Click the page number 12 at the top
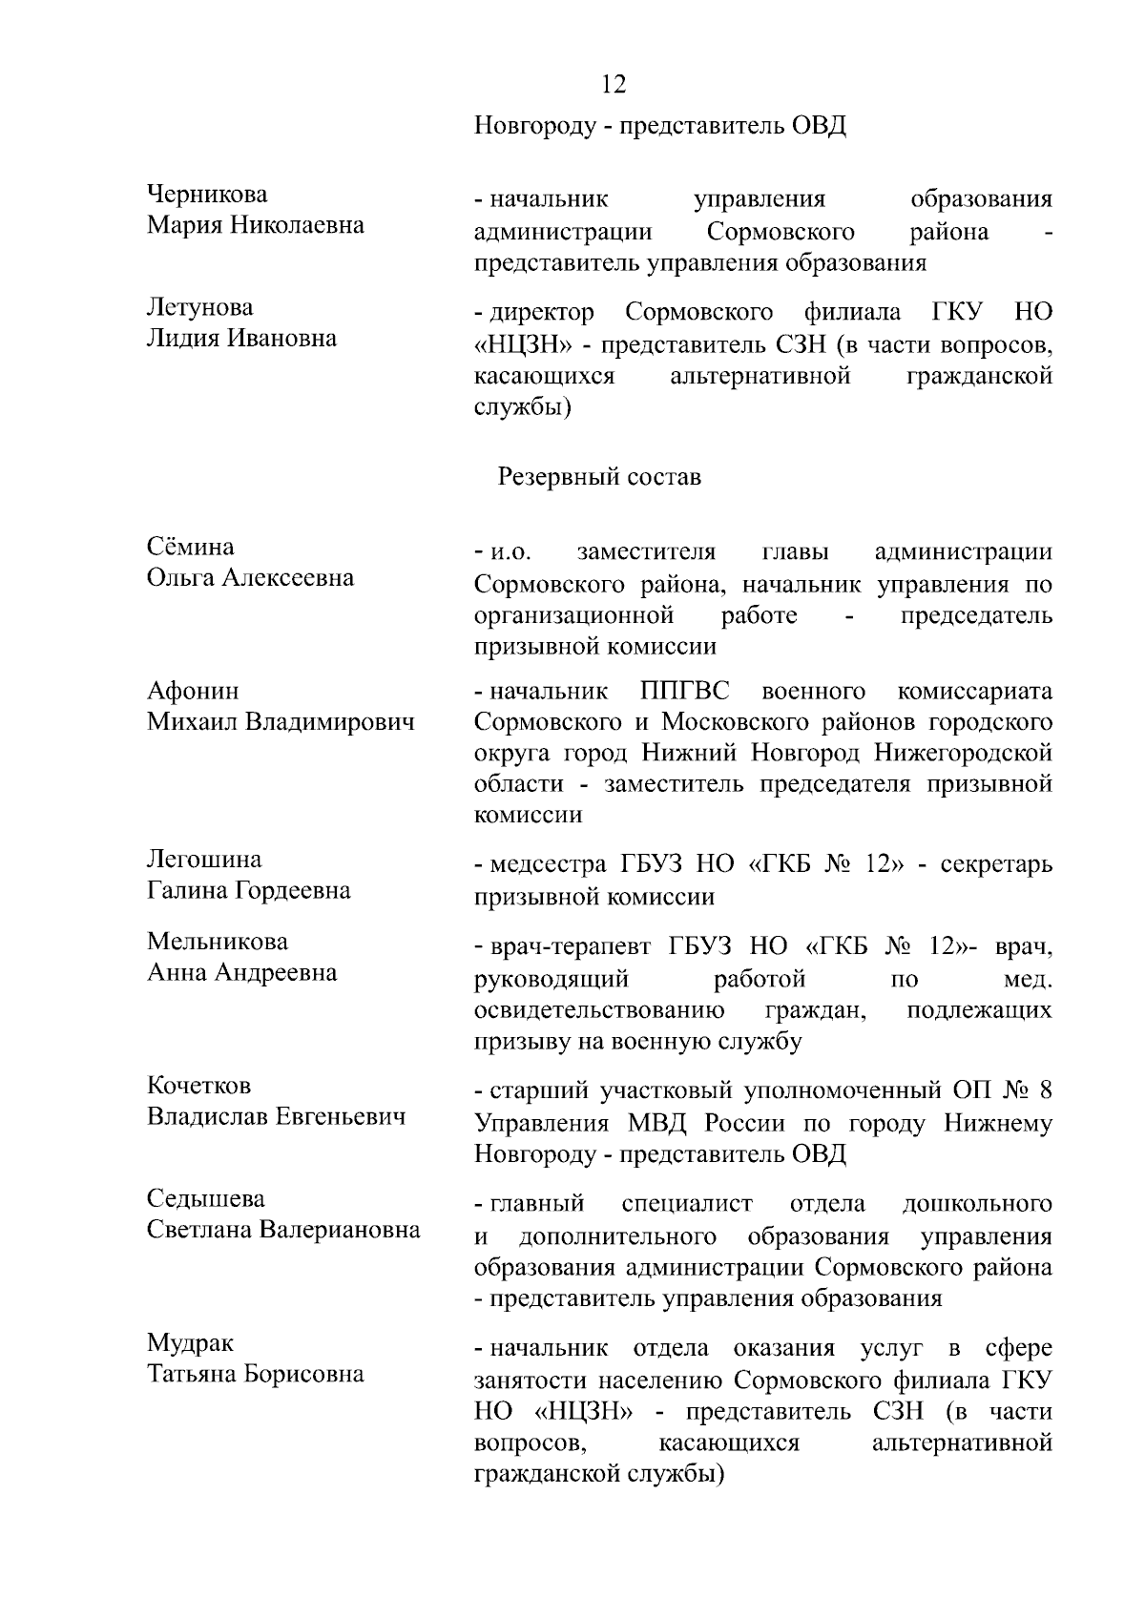[x=614, y=85]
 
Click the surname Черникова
[x=207, y=195]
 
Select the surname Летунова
[x=200, y=307]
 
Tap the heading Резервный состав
[x=599, y=476]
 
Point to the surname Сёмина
[x=191, y=547]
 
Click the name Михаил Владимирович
[x=281, y=721]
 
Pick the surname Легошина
[x=204, y=859]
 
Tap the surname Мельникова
[x=218, y=941]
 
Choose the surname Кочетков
[x=199, y=1085]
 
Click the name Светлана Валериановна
[x=283, y=1229]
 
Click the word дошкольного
[x=977, y=1204]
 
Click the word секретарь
[x=996, y=865]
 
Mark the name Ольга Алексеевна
[x=251, y=577]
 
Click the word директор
[x=541, y=313]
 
